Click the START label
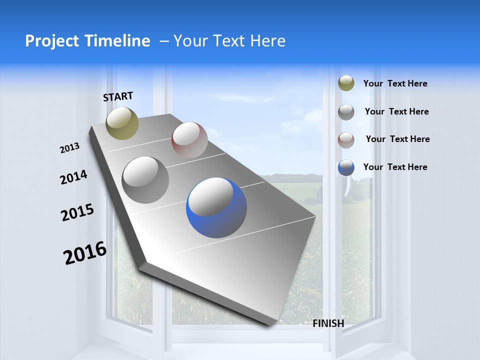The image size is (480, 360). [118, 96]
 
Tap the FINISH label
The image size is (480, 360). [328, 323]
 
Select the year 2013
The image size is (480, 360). [69, 148]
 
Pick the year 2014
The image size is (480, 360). [73, 177]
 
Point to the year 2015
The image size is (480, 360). [77, 212]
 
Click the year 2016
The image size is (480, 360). [85, 253]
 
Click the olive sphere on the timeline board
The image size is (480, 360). [122, 123]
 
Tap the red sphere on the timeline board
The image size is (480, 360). [189, 140]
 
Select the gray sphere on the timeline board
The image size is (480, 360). [145, 180]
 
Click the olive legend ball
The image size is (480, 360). [346, 83]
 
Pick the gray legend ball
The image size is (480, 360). [346, 112]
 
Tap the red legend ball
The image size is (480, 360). [346, 139]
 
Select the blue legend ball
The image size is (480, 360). [346, 167]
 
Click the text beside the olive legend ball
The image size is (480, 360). [395, 84]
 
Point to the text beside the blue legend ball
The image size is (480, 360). [395, 167]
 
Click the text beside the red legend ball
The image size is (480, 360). [397, 139]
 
